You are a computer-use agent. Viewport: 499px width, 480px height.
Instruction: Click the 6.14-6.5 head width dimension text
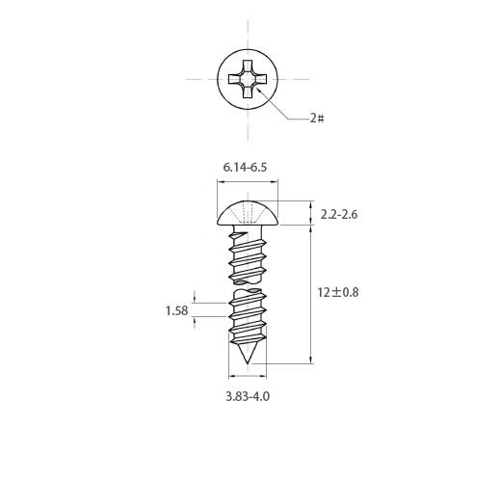click(245, 168)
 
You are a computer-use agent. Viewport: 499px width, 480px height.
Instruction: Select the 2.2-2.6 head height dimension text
click(339, 214)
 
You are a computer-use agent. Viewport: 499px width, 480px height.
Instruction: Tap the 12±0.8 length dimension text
click(338, 292)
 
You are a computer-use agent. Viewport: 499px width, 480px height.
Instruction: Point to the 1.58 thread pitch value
click(176, 310)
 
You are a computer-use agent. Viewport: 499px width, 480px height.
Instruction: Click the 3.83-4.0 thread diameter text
click(248, 396)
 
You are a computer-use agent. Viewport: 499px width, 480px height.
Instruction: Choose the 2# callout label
click(317, 119)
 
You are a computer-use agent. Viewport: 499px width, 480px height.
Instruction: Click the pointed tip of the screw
click(248, 363)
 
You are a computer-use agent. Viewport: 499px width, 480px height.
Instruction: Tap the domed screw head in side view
click(248, 213)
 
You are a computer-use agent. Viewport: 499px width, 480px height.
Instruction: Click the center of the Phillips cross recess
click(248, 79)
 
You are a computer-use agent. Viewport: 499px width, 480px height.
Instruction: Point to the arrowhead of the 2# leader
click(258, 90)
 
